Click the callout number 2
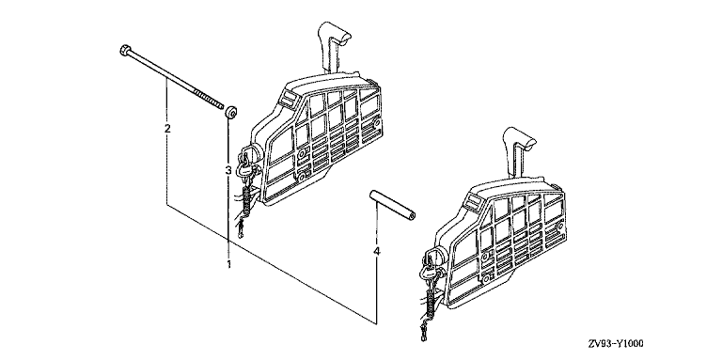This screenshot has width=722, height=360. (x=167, y=128)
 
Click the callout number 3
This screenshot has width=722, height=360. (x=228, y=170)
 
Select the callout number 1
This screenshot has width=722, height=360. (x=228, y=264)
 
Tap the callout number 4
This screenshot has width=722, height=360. (x=377, y=251)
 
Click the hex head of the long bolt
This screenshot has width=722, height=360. (x=124, y=50)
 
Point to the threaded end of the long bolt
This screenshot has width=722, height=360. (x=209, y=100)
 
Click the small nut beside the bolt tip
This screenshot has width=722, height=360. (x=230, y=112)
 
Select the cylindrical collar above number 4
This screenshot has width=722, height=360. (x=393, y=206)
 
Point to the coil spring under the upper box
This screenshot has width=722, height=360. (x=247, y=201)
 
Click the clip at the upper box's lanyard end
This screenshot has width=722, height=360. (x=240, y=229)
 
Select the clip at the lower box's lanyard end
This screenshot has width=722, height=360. (x=423, y=333)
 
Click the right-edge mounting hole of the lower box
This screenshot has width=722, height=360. (x=560, y=227)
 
